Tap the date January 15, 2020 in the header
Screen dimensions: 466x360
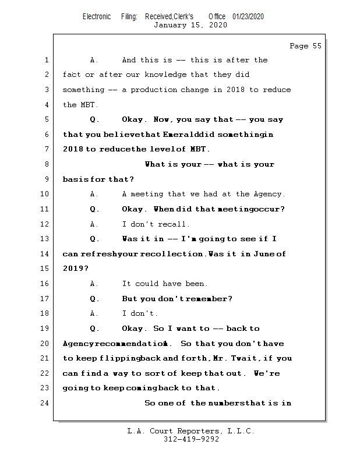coord(190,25)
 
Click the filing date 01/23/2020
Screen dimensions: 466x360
coord(248,16)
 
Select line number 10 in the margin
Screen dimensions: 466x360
coord(45,195)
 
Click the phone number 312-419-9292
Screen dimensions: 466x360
coord(191,440)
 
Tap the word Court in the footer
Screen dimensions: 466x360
coord(167,432)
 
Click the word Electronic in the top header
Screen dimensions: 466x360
coord(97,16)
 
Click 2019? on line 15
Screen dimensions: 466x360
coord(76,269)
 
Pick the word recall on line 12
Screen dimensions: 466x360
coord(176,224)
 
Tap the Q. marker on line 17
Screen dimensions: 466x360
coord(95,299)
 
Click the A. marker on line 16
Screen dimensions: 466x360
coord(95,284)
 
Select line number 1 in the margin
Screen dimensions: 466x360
coord(45,60)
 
